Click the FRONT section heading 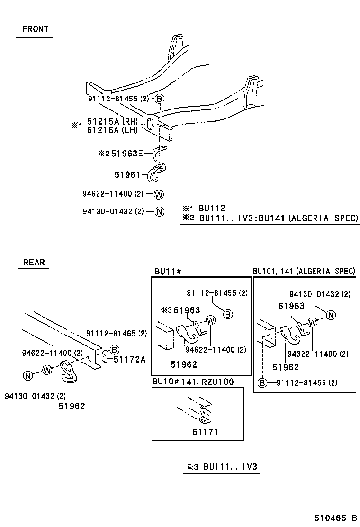[x=36, y=29]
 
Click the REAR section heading [x=34, y=262]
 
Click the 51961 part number [x=127, y=174]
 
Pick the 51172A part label [x=129, y=359]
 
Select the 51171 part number [x=205, y=432]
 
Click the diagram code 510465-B [x=334, y=517]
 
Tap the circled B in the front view [x=160, y=99]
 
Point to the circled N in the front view [x=159, y=211]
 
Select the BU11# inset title [x=168, y=272]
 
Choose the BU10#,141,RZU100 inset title [x=193, y=382]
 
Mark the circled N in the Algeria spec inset [x=331, y=315]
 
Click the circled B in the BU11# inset [x=227, y=314]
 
